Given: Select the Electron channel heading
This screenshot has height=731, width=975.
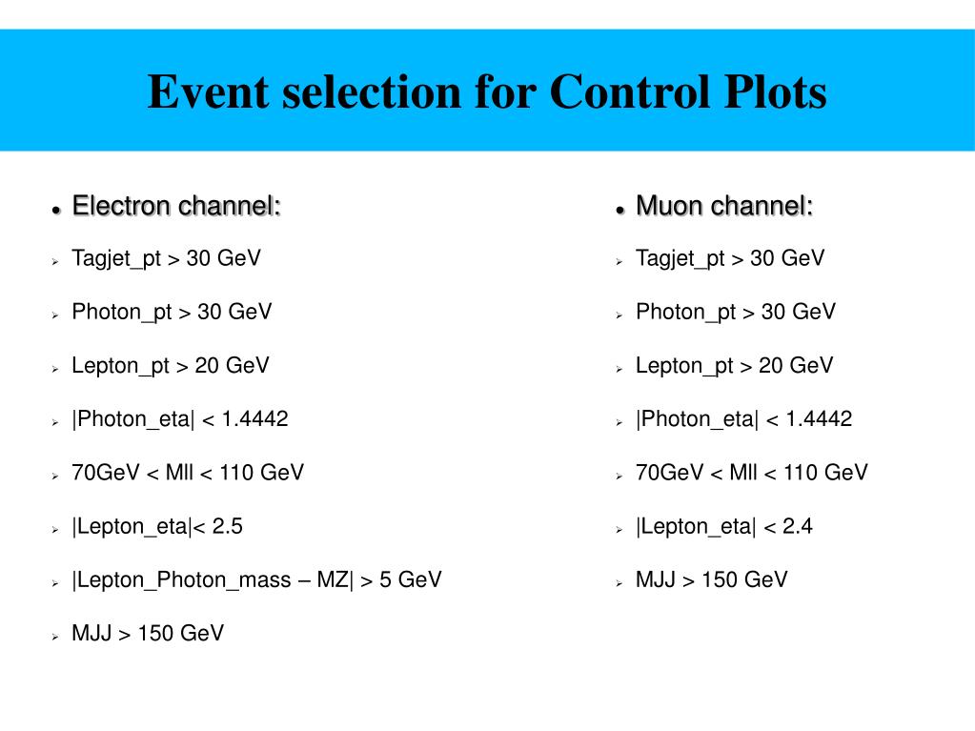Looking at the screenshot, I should click(176, 205).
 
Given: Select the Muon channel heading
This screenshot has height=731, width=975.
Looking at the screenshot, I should click(724, 205).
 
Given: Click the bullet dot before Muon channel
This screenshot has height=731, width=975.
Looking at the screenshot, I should click(620, 209).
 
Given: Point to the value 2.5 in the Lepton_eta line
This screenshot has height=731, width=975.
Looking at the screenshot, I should click(227, 526).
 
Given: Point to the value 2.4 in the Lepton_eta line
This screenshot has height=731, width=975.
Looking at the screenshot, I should click(797, 526).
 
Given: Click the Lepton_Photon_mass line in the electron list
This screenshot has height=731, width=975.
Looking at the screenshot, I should click(256, 579).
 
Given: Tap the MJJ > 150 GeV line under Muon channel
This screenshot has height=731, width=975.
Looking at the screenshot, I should click(711, 579).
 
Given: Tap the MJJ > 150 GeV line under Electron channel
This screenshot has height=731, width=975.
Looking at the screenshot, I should click(148, 634).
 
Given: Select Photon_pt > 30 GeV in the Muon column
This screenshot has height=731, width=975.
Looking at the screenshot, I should click(735, 312).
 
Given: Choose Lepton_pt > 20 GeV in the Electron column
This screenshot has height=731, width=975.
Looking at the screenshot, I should click(171, 365).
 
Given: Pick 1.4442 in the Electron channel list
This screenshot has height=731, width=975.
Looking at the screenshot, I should click(254, 418).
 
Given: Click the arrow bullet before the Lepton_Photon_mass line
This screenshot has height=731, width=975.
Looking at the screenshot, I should click(56, 581).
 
